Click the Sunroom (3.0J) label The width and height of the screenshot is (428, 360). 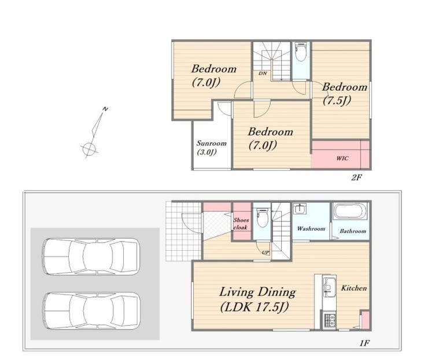click(212, 147)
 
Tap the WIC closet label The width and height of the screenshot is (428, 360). click(342, 158)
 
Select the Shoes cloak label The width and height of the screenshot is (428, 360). click(241, 224)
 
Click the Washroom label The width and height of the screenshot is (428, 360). click(311, 229)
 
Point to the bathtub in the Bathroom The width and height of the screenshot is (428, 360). click(350, 211)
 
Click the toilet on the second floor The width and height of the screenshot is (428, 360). click(301, 53)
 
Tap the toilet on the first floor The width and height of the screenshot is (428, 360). click(263, 218)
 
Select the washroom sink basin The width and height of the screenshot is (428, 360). click(300, 209)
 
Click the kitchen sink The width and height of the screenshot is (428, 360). click(329, 287)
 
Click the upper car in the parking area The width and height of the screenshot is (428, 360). click(91, 257)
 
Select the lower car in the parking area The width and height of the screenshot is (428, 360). click(91, 311)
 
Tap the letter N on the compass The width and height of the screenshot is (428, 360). click(105, 109)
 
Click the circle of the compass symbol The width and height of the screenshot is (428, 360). click(89, 149)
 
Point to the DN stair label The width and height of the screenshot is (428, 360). click(263, 73)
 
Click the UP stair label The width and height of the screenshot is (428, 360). click(265, 253)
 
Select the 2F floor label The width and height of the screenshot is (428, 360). click(356, 177)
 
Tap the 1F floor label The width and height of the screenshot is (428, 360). click(364, 343)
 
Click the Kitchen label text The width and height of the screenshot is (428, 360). click(354, 288)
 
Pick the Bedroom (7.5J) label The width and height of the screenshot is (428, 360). click(345, 94)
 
